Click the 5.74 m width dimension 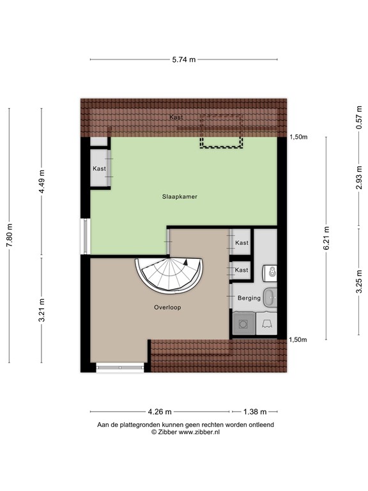(183, 59)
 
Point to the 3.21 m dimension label (42, 311)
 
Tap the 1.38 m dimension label (255, 412)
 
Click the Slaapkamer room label (179, 197)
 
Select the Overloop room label (167, 307)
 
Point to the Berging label (249, 298)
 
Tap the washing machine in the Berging (243, 324)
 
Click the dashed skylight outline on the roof (222, 132)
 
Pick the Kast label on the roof (177, 118)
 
